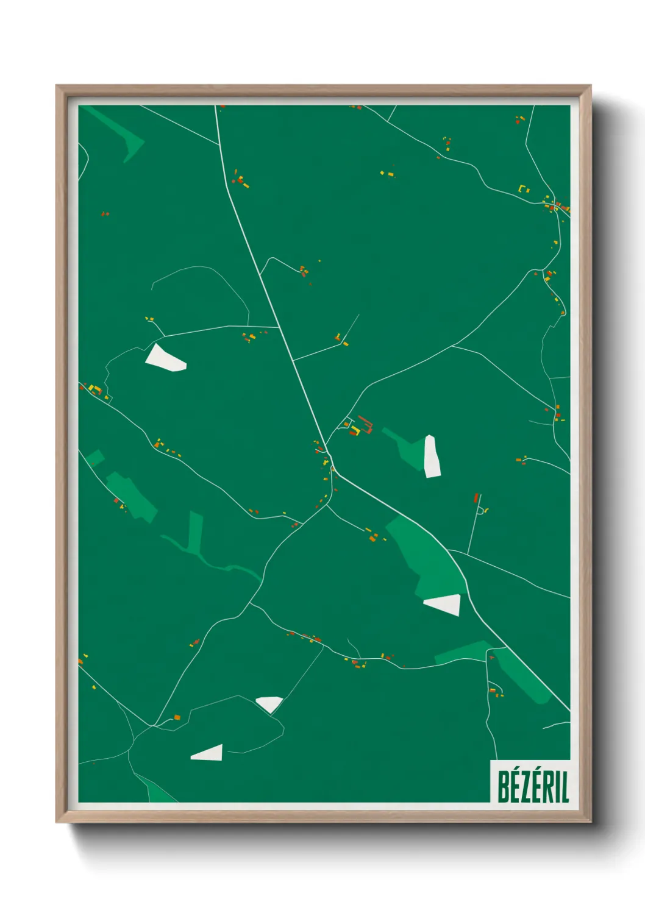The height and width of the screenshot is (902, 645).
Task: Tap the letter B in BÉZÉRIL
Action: pos(504,787)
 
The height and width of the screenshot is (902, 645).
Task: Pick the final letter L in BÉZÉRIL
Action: pos(565,787)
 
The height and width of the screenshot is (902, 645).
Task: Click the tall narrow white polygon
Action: pos(432,456)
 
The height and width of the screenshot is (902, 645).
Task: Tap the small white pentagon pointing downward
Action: pos(269,704)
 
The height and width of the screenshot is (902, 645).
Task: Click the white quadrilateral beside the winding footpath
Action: pos(164,358)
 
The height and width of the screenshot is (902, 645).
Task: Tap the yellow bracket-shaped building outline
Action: pos(523,188)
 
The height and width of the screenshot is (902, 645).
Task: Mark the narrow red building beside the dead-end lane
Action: pos(477,498)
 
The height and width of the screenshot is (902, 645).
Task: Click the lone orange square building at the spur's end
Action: pos(177,717)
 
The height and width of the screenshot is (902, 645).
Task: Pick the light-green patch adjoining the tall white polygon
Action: pos(404,447)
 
